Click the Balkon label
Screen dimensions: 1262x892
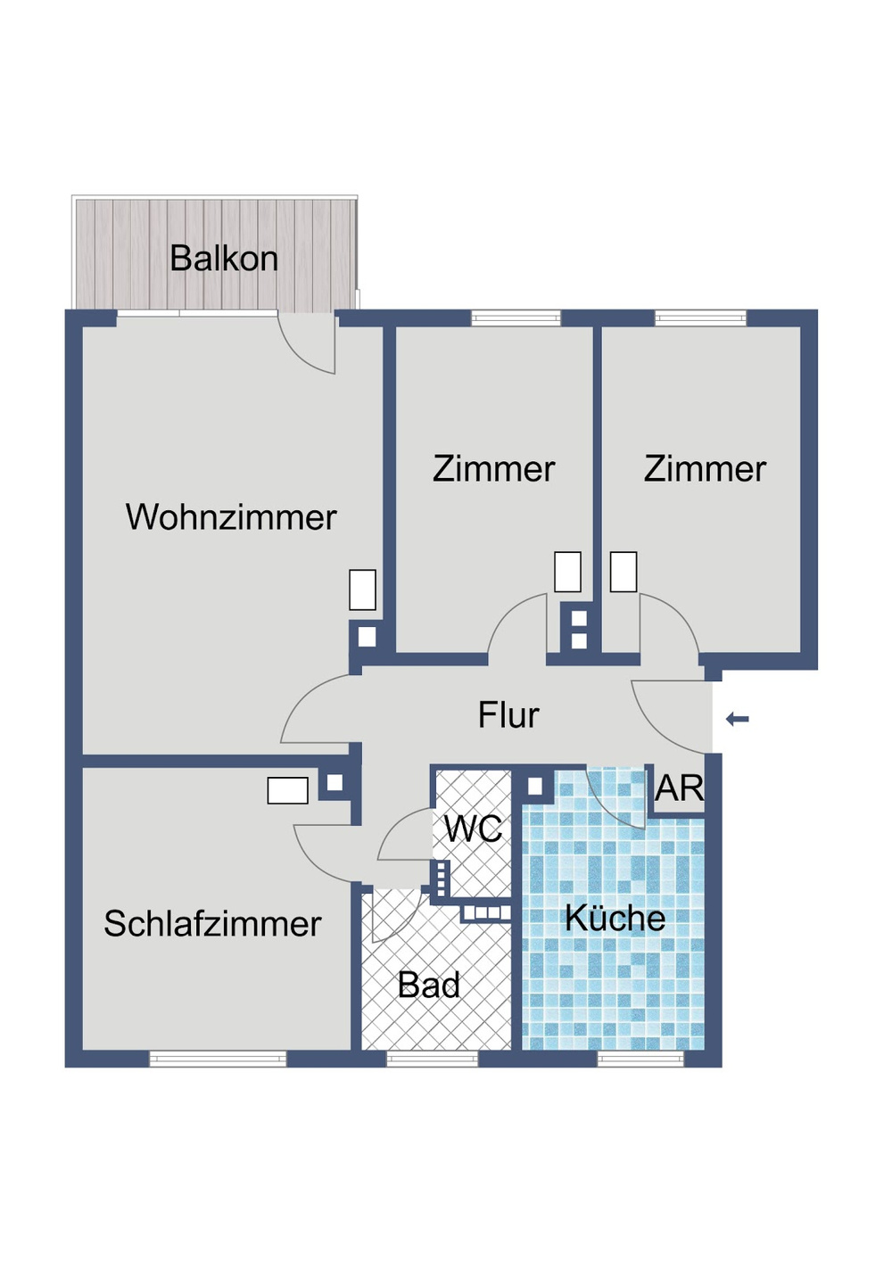coord(224,259)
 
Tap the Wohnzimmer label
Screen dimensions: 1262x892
coord(231,517)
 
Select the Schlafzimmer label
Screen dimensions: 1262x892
coord(212,924)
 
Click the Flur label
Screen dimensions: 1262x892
coord(508,715)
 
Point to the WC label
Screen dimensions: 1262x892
coord(473,829)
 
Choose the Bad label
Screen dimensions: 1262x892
coord(429,986)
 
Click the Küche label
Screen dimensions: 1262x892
coord(615,919)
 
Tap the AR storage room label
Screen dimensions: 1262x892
coord(679,788)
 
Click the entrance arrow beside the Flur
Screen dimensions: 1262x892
coord(738,719)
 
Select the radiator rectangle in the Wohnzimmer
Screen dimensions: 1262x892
coord(362,590)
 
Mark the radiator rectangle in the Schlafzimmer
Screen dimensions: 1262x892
coord(288,790)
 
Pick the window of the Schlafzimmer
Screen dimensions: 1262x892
coord(218,1059)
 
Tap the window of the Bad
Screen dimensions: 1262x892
coord(432,1059)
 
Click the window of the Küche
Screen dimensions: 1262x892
coord(640,1059)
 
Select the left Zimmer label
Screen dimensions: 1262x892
coord(493,469)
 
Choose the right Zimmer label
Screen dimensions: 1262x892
coord(705,469)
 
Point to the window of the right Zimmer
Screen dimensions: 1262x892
coord(700,318)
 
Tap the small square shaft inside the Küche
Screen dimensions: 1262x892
coord(535,787)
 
